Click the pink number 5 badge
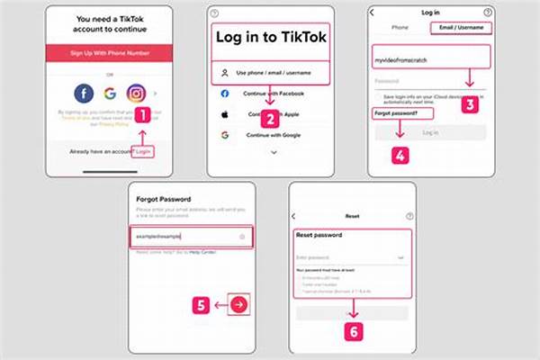point(202,304)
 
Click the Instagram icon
point(137,92)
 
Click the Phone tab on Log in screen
point(400,28)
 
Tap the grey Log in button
point(430,132)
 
